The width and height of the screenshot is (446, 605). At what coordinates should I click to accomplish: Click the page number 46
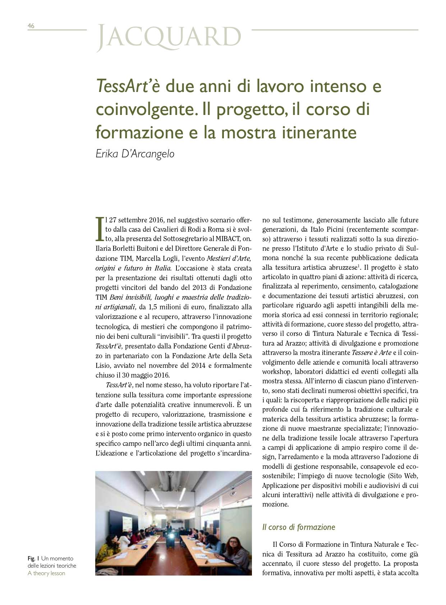tap(31, 26)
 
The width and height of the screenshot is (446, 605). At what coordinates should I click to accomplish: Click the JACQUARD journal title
tap(169, 37)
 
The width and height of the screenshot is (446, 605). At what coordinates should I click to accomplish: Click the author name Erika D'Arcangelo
tap(135, 154)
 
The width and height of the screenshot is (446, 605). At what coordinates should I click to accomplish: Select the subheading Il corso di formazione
tap(298, 527)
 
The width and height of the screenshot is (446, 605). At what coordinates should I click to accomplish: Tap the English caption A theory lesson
tap(46, 573)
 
